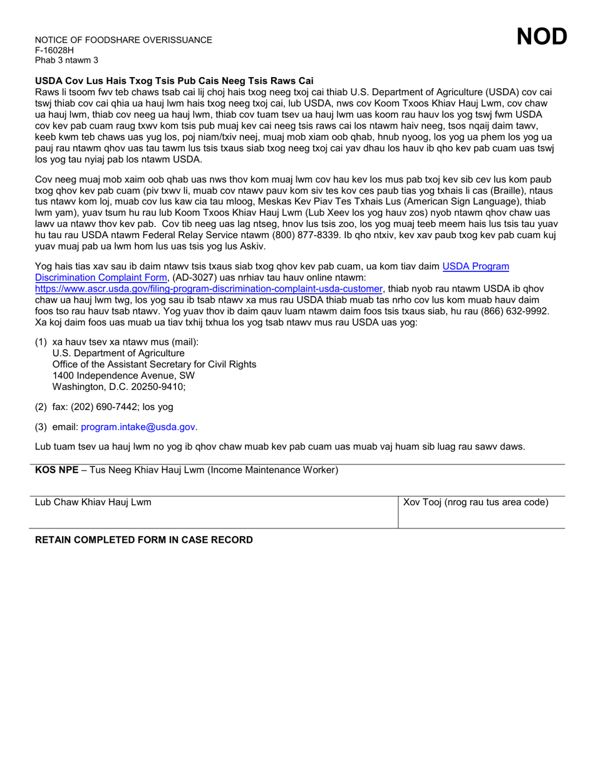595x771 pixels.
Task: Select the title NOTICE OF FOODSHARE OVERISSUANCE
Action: click(123, 40)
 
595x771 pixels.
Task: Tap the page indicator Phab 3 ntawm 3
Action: click(66, 60)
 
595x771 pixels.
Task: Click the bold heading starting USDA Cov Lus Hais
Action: click(174, 81)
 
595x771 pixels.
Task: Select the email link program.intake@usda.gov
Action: click(138, 427)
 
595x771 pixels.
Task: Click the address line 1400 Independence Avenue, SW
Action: click(123, 375)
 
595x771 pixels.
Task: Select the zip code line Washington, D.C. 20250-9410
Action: click(119, 387)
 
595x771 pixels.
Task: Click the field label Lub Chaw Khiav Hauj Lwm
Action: click(93, 502)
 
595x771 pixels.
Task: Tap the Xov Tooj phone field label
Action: click(476, 502)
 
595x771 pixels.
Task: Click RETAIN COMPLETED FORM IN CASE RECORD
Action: click(144, 540)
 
